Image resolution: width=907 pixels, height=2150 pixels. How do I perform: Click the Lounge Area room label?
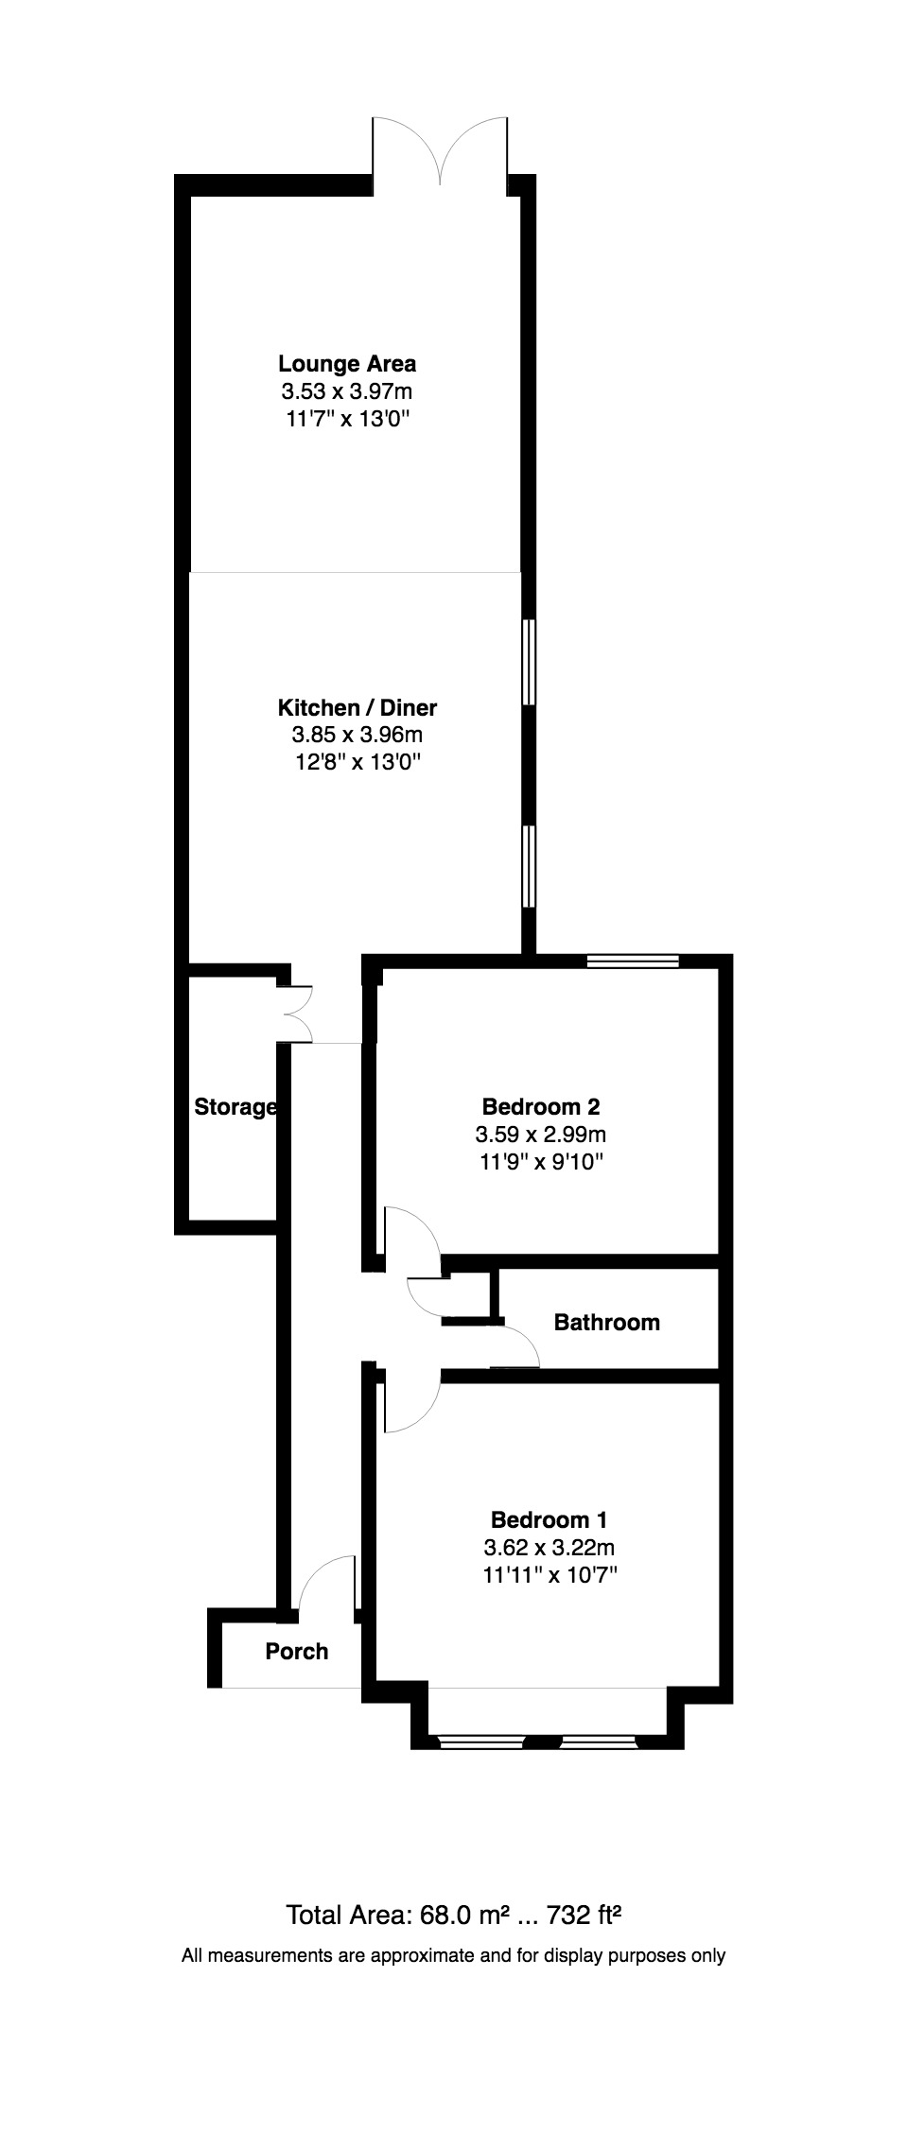347,363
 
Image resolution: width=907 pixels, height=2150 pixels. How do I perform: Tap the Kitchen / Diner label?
357,707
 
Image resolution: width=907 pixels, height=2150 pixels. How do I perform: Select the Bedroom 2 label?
541,1106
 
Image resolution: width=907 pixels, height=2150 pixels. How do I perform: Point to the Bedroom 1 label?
549,1520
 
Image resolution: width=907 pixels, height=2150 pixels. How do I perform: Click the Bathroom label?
606,1322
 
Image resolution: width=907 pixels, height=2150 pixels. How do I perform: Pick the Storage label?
235,1107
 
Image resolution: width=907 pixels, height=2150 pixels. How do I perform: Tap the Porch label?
297,1651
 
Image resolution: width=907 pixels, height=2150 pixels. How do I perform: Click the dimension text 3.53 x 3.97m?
347,391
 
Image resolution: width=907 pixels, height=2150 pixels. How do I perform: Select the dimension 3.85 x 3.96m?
357,735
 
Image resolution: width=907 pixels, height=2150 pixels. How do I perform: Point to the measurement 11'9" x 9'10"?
541,1161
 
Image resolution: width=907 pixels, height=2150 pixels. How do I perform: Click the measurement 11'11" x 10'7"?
549,1575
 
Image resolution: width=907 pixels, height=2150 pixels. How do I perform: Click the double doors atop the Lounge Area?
441,147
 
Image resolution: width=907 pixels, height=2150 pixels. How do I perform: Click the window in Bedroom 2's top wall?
633,962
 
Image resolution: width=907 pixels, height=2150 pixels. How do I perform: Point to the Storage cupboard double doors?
301,1014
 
